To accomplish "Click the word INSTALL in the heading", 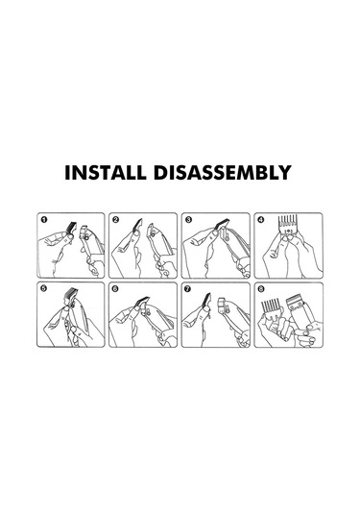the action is (106, 172).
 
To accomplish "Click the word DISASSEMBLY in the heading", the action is (223, 172).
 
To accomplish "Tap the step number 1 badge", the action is (43, 219).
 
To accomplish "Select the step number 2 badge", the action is (115, 219).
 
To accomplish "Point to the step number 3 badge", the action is (188, 219).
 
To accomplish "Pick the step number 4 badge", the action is (261, 219).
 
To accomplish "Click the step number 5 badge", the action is (43, 288).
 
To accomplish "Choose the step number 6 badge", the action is (115, 288).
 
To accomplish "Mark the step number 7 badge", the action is (188, 288).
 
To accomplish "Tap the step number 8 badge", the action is (261, 288).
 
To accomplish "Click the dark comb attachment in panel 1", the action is (71, 228).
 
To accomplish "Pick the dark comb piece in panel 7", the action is (206, 301).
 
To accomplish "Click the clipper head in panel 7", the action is (223, 305).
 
